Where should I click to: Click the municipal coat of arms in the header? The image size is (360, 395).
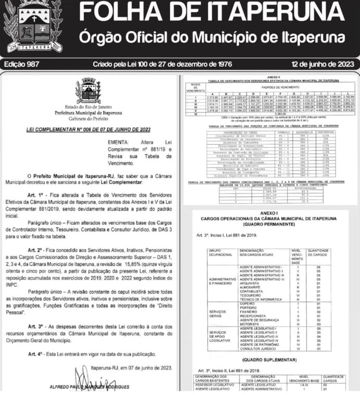36,26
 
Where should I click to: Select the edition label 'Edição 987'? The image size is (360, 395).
22,65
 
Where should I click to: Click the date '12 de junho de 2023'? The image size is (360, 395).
322,65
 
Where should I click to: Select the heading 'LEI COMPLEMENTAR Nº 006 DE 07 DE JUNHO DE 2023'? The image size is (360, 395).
89,129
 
